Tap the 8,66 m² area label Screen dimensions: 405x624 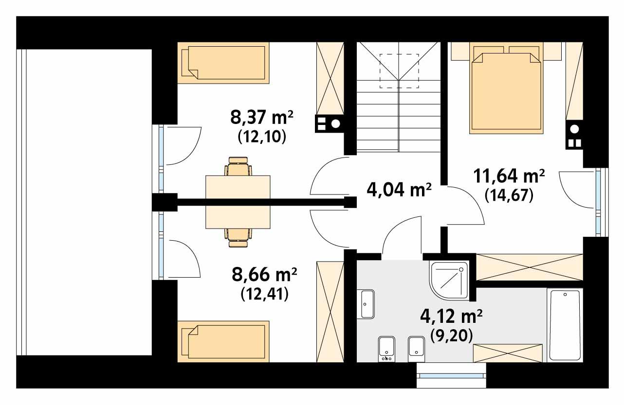(265, 275)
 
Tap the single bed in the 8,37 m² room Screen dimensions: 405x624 (223, 63)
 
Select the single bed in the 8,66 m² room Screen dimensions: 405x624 (223, 340)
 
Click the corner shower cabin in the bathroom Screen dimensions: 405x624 (449, 280)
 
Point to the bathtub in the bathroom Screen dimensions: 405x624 (565, 324)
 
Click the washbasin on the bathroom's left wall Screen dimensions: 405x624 (367, 304)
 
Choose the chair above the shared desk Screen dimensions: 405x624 (238, 167)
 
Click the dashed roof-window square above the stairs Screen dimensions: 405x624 (399, 70)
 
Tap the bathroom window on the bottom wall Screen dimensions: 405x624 (451, 375)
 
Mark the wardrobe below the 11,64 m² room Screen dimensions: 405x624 (529, 267)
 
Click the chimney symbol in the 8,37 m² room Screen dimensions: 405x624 (329, 123)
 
